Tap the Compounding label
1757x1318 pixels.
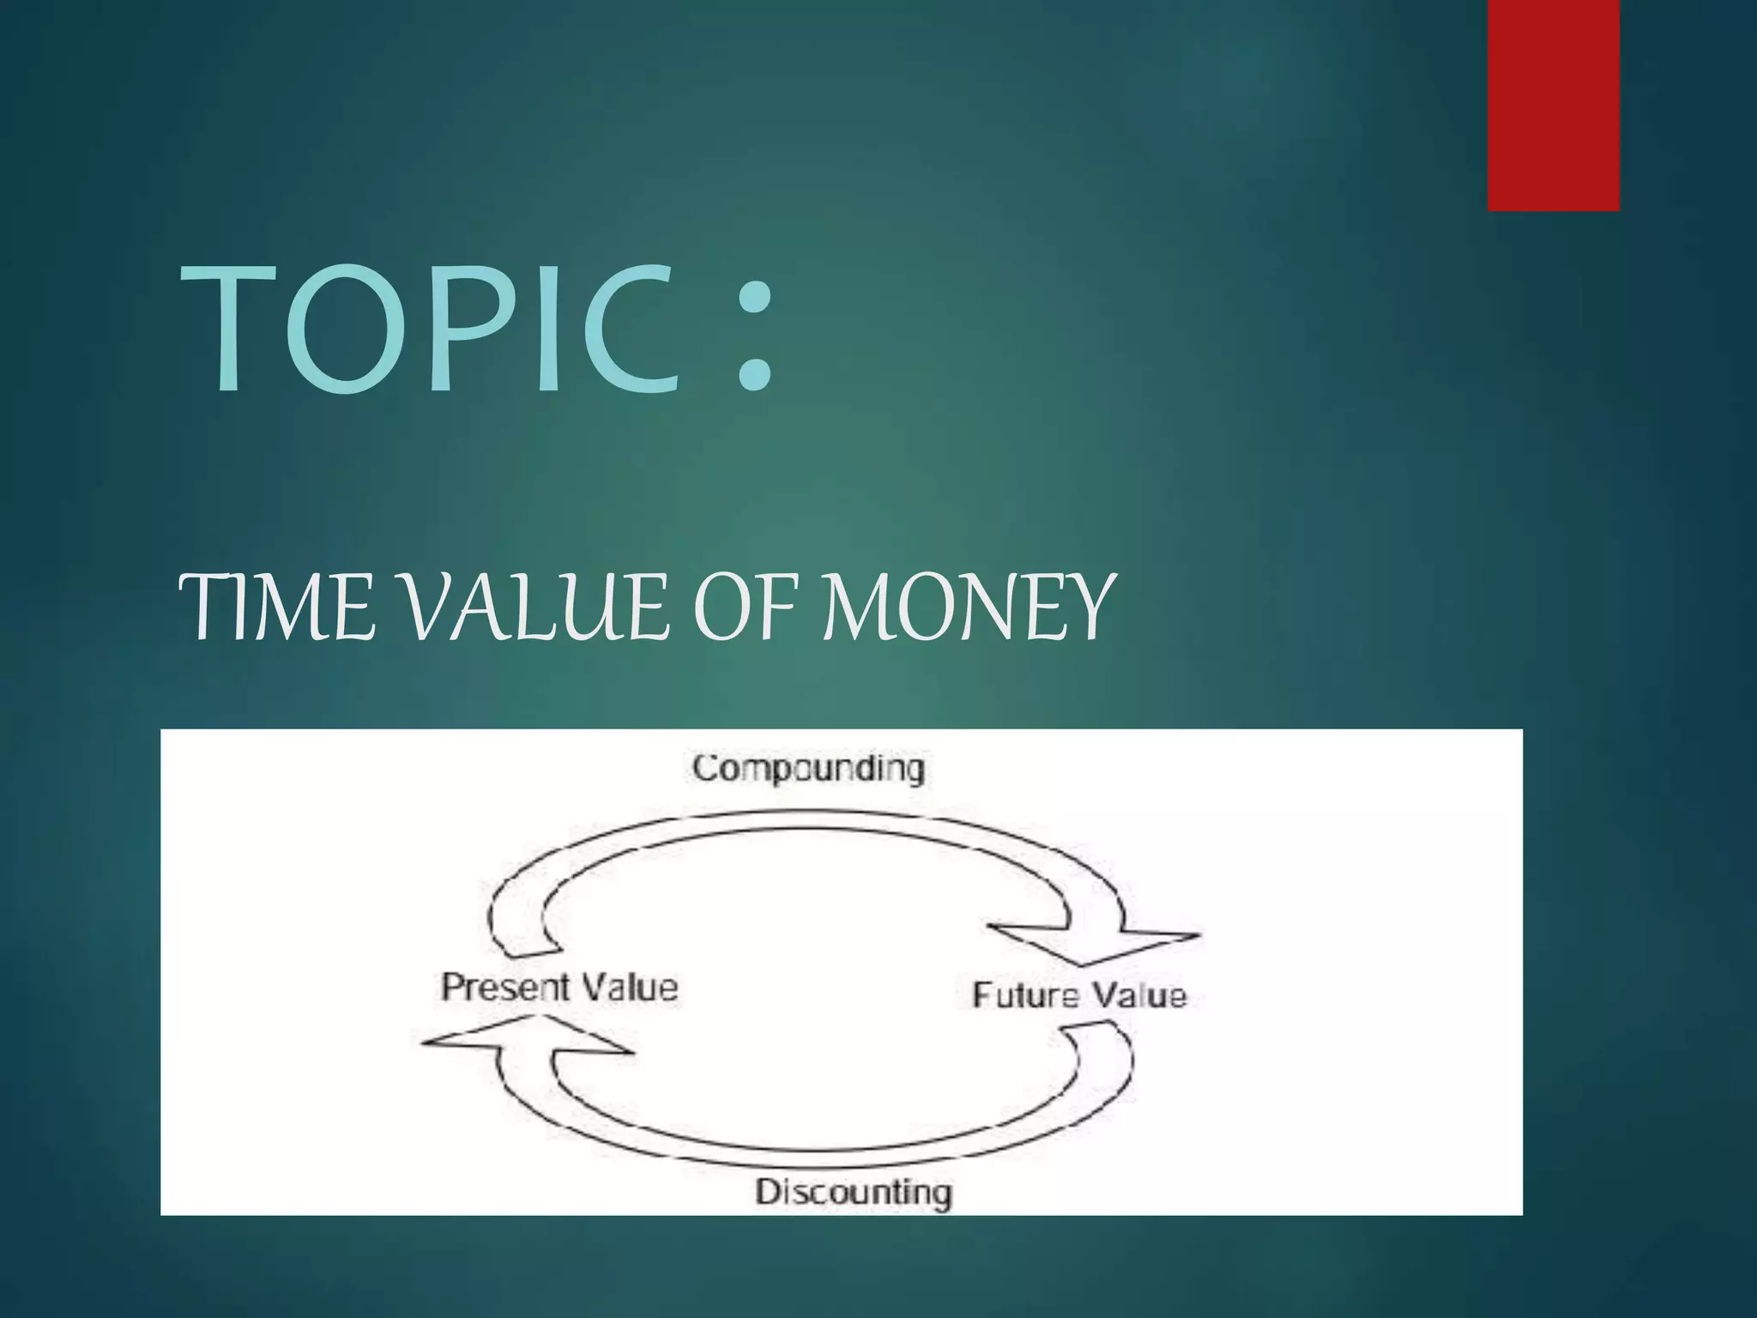point(808,768)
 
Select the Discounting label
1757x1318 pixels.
point(854,1192)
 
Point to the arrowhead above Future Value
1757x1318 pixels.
point(1094,944)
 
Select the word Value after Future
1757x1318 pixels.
point(1138,995)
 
